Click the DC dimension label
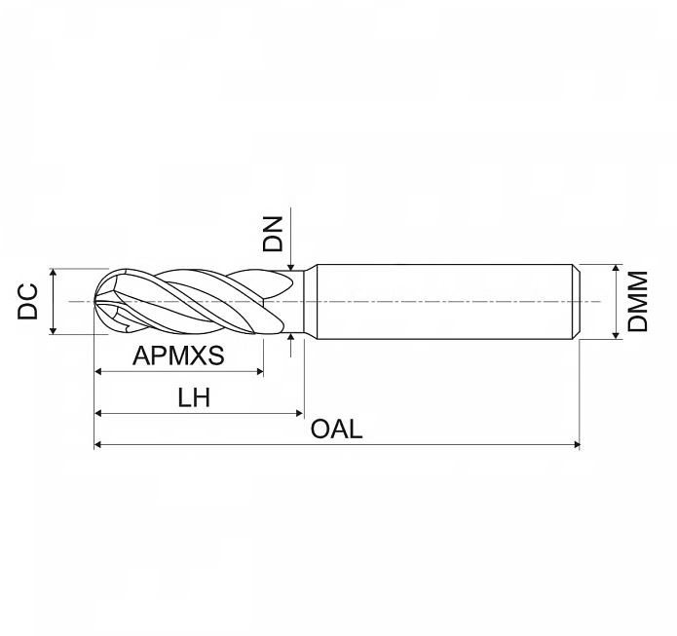[x=27, y=301]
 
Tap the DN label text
[x=273, y=234]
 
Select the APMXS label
[x=178, y=355]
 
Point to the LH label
[x=194, y=397]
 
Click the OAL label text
[x=336, y=430]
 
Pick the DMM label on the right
[x=638, y=301]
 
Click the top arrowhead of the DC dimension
[x=54, y=272]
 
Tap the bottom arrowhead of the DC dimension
[x=54, y=331]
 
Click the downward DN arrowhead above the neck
[x=291, y=267]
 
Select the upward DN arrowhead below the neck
[x=291, y=337]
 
